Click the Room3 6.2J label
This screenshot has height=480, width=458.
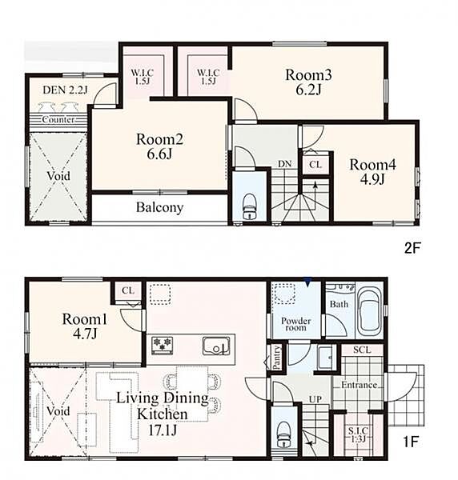[308, 82]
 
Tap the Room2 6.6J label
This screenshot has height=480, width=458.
[159, 146]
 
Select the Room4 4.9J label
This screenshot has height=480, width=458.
[372, 172]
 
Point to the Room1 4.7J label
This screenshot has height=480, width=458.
[85, 326]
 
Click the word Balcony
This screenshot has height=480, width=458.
[159, 207]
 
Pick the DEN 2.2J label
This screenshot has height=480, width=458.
[65, 90]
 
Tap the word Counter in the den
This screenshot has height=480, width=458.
[58, 119]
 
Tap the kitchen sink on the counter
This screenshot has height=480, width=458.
[216, 346]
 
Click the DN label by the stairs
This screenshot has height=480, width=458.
[284, 164]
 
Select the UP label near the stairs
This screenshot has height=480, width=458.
[315, 399]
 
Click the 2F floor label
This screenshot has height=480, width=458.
[411, 248]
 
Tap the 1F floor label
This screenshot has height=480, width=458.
[410, 442]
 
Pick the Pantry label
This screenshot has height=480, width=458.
[276, 357]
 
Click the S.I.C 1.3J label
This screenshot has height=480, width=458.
[358, 435]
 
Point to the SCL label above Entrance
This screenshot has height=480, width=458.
[362, 350]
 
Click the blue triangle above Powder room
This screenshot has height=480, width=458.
[308, 282]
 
